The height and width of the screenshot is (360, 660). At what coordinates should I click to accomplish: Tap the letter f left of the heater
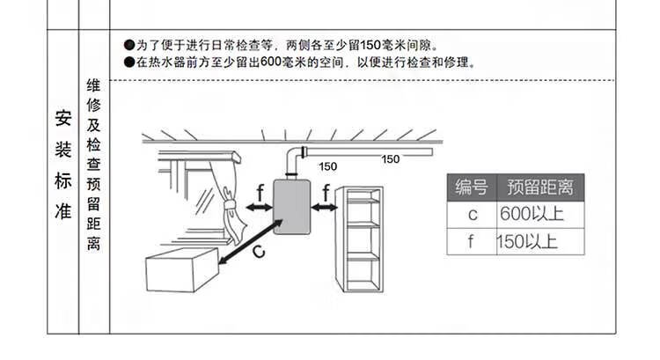coord(260,192)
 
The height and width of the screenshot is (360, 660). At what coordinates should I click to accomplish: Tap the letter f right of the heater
coord(325,192)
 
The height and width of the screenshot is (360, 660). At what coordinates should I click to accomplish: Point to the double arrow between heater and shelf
coord(324,208)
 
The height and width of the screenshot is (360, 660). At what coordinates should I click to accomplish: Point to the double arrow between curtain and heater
coord(258,208)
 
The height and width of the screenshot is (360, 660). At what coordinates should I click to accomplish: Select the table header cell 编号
coord(472,187)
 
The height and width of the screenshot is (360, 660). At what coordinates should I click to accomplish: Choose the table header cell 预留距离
coord(540,187)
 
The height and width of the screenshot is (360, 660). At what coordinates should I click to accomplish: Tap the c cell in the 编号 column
coord(472,215)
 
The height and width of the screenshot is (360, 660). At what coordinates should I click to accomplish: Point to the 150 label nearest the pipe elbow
coord(327,166)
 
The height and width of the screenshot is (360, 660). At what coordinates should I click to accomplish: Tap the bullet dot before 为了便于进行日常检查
coord(129,45)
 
